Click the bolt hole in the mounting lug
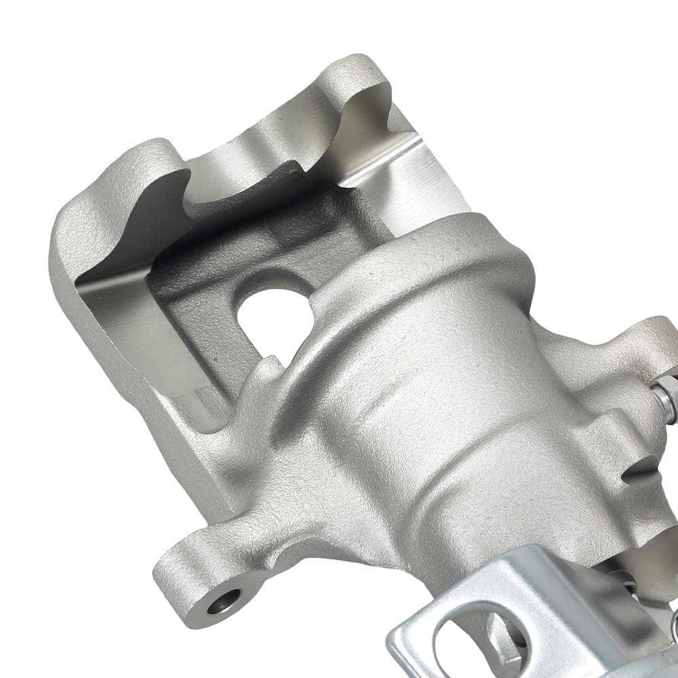[225, 599]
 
